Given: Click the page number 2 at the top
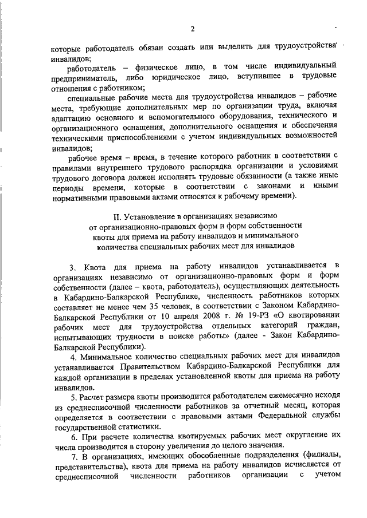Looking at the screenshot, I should click(193, 29).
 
